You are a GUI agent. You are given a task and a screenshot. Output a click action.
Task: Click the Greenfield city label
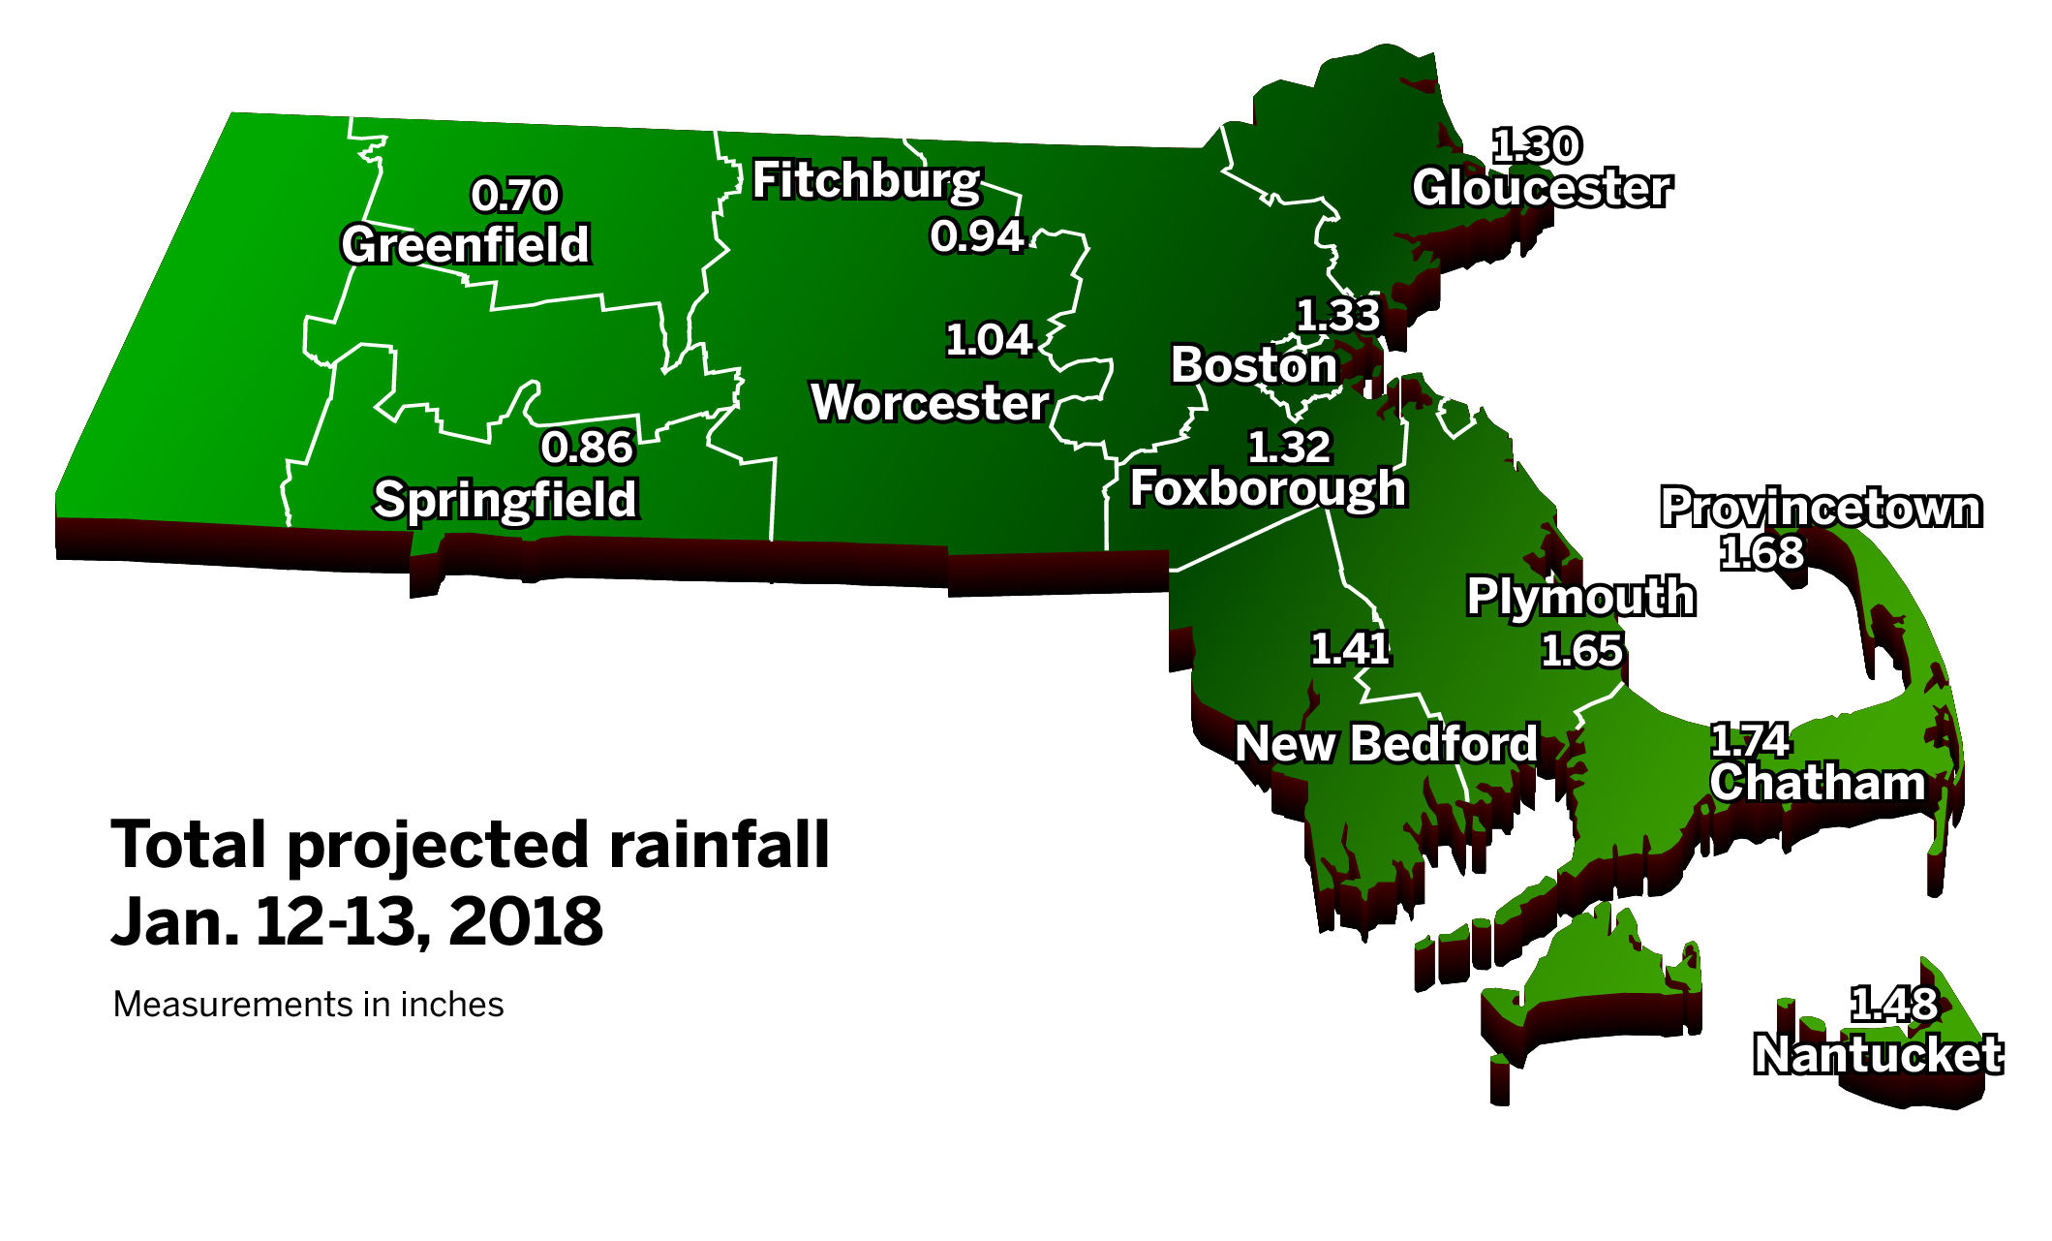(466, 244)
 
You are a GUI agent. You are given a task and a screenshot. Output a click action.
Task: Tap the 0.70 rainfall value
(515, 195)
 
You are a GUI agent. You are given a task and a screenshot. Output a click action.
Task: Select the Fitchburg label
(867, 181)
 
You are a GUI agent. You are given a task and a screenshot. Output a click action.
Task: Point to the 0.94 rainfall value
(977, 235)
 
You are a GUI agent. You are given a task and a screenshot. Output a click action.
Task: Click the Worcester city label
(930, 403)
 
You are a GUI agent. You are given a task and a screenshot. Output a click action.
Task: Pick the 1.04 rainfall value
(989, 340)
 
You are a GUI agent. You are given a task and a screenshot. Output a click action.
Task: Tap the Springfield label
(505, 500)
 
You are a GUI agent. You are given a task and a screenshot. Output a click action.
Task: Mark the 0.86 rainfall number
(587, 448)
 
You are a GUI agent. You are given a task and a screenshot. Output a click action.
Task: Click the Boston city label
(1254, 365)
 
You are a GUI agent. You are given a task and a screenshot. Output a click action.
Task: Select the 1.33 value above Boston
(1338, 316)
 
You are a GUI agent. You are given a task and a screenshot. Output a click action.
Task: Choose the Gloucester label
(1542, 188)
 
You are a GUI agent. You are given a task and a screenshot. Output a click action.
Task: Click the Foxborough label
(1268, 488)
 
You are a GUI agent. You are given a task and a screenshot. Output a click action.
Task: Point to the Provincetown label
(1822, 508)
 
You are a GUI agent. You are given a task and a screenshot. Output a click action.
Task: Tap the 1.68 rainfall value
(1761, 553)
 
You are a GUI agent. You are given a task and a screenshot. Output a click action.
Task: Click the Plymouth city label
(1580, 597)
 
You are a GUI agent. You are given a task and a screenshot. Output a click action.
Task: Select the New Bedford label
(1386, 744)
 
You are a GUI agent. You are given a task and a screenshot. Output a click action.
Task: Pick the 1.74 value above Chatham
(1750, 741)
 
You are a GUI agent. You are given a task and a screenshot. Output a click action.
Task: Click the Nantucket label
(1878, 1055)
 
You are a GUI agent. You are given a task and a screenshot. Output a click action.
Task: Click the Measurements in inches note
(308, 1005)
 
